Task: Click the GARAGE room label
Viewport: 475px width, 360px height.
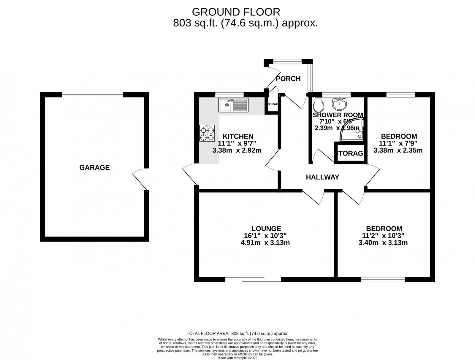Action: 94,168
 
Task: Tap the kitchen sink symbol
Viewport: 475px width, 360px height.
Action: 233,105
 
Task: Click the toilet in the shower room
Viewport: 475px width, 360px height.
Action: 317,104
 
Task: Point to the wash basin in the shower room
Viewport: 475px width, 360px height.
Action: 339,104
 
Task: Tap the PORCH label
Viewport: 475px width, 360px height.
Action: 288,79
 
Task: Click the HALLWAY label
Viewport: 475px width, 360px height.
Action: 322,177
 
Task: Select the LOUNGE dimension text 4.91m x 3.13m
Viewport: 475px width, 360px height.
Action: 265,243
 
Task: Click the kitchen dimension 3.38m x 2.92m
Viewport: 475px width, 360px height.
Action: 237,150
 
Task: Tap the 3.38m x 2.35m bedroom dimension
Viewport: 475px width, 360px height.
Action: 398,150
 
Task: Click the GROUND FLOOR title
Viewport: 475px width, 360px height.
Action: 236,12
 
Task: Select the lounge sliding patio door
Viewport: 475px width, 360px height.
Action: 253,279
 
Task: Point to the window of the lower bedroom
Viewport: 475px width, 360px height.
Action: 383,279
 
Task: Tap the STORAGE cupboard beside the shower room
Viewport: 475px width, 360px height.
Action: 351,153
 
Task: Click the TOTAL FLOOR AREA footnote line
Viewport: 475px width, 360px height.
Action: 237,334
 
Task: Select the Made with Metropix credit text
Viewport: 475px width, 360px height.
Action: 237,358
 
